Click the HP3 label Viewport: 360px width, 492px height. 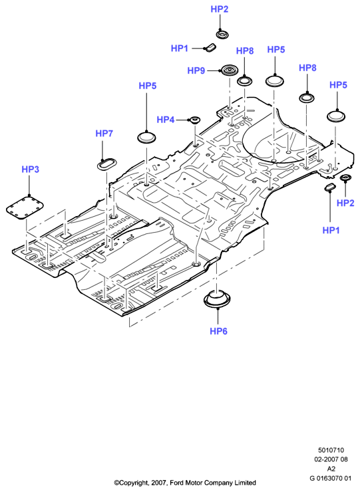click(x=30, y=170)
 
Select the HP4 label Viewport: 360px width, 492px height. click(x=165, y=120)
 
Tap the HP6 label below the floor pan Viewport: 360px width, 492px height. click(x=218, y=331)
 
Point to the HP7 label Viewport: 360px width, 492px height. click(x=104, y=134)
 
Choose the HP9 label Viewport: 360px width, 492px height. click(x=196, y=70)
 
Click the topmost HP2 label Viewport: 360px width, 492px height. click(x=220, y=9)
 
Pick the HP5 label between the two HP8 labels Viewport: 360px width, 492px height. click(x=275, y=50)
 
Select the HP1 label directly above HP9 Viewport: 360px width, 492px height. click(x=180, y=49)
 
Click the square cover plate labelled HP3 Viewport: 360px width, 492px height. click(x=25, y=207)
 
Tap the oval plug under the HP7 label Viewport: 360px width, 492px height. click(x=106, y=164)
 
